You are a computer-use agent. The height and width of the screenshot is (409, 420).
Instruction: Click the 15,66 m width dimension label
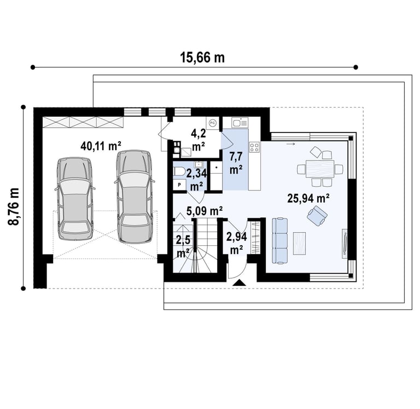[202, 57]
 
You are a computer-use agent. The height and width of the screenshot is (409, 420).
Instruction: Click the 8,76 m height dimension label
[14, 206]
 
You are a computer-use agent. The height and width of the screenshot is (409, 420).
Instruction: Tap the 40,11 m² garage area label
[101, 146]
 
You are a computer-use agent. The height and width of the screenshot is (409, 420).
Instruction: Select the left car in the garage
[75, 198]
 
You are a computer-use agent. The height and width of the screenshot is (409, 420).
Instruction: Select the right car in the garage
[134, 197]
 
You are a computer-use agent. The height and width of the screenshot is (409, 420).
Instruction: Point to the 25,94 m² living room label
[308, 198]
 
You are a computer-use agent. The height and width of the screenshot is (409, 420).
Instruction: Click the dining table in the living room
[320, 169]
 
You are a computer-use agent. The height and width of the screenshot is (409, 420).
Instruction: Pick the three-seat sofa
[279, 241]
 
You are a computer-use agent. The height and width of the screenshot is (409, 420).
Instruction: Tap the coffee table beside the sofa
[300, 243]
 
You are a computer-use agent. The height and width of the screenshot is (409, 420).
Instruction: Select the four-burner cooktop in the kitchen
[254, 147]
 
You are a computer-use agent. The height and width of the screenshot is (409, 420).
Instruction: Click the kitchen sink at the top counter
[240, 123]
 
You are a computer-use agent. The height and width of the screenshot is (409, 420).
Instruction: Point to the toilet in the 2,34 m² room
[178, 171]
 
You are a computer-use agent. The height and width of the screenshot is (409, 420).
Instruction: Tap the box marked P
[179, 185]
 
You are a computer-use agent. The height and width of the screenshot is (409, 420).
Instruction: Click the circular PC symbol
[212, 123]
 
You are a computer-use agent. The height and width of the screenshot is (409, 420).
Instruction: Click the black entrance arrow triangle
[239, 283]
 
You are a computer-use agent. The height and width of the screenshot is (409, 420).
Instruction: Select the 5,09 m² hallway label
[205, 211]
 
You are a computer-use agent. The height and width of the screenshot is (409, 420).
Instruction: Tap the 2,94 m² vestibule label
[236, 243]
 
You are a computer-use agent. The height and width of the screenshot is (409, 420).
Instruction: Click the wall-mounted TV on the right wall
[345, 244]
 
